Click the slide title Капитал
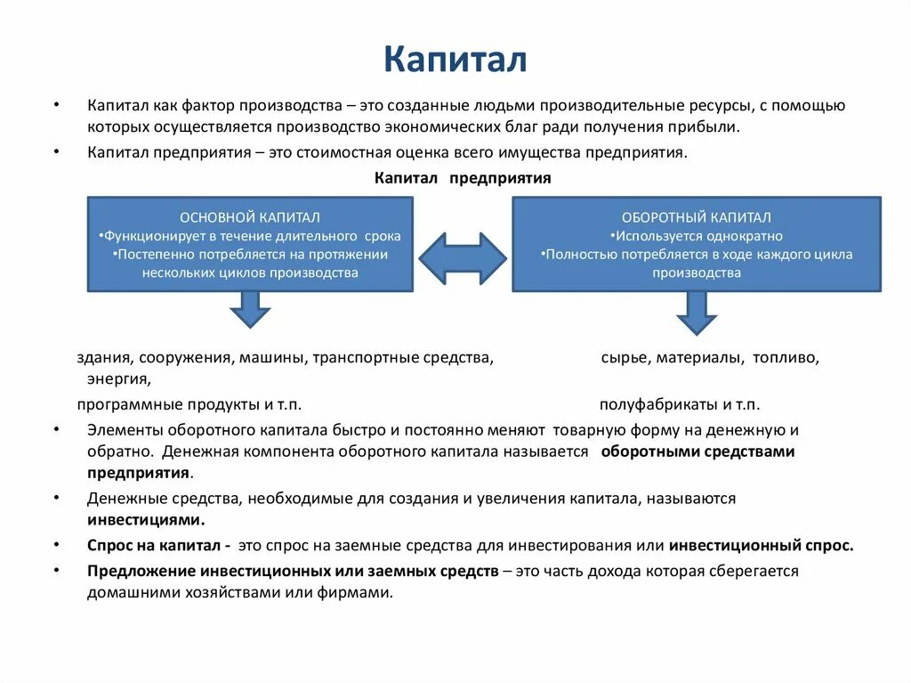point(455,60)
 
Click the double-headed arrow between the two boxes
point(462,259)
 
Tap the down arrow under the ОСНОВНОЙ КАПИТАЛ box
point(250,309)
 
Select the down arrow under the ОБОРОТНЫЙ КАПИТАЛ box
point(697,312)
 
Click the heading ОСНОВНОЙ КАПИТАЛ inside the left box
point(250,217)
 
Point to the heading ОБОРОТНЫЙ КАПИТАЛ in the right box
point(697,217)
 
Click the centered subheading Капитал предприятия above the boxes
point(463,178)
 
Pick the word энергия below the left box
point(117,379)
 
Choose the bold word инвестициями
point(146,519)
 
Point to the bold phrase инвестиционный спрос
point(761,546)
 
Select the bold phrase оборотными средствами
point(697,451)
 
